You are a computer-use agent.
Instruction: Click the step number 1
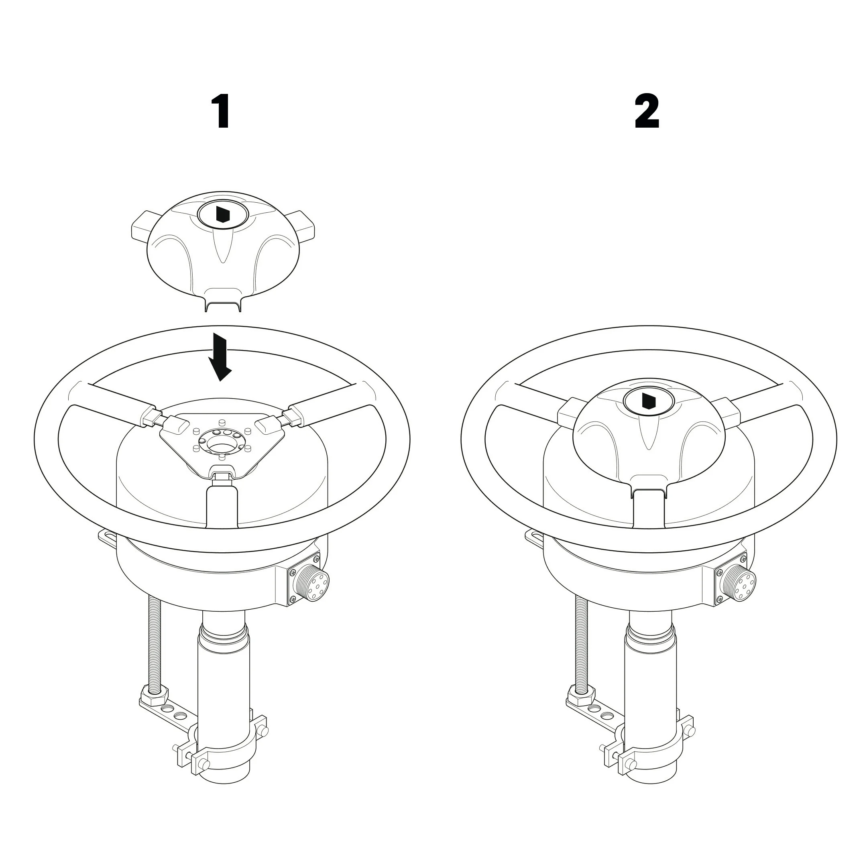tap(222, 111)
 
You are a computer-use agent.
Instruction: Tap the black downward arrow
tap(220, 357)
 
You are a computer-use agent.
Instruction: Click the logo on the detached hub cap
tap(223, 214)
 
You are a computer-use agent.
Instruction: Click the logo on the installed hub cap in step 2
tap(649, 401)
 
